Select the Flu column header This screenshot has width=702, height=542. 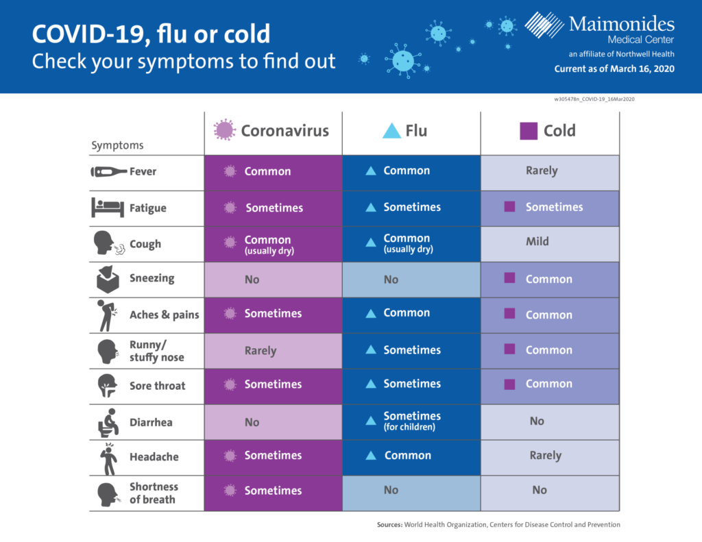pyautogui.click(x=404, y=131)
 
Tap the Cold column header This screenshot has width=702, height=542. pyautogui.click(x=548, y=131)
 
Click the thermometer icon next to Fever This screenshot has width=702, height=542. pyautogui.click(x=109, y=172)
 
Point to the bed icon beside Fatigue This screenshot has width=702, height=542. pyautogui.click(x=108, y=207)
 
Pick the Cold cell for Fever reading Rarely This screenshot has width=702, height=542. pyautogui.click(x=550, y=173)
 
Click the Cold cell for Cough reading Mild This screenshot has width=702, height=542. pyautogui.click(x=550, y=244)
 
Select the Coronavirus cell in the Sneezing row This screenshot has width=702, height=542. pyautogui.click(x=273, y=280)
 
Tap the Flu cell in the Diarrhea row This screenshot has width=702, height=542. pyautogui.click(x=411, y=422)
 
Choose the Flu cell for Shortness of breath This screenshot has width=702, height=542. pyautogui.click(x=411, y=493)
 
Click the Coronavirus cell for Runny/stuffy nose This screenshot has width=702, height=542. pyautogui.click(x=273, y=351)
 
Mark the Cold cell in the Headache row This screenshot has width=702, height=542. pyautogui.click(x=550, y=458)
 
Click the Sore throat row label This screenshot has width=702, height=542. pyautogui.click(x=157, y=386)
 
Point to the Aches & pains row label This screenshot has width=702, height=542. pyautogui.click(x=165, y=315)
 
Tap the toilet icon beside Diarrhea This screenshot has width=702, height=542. pyautogui.click(x=108, y=423)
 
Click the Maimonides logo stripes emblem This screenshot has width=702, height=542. pyautogui.click(x=544, y=25)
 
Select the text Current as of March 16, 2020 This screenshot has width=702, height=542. pyautogui.click(x=614, y=69)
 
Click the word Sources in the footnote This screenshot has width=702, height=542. pyautogui.click(x=389, y=525)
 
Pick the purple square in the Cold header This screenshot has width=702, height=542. pyautogui.click(x=529, y=131)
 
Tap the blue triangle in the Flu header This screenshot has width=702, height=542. pyautogui.click(x=391, y=131)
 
